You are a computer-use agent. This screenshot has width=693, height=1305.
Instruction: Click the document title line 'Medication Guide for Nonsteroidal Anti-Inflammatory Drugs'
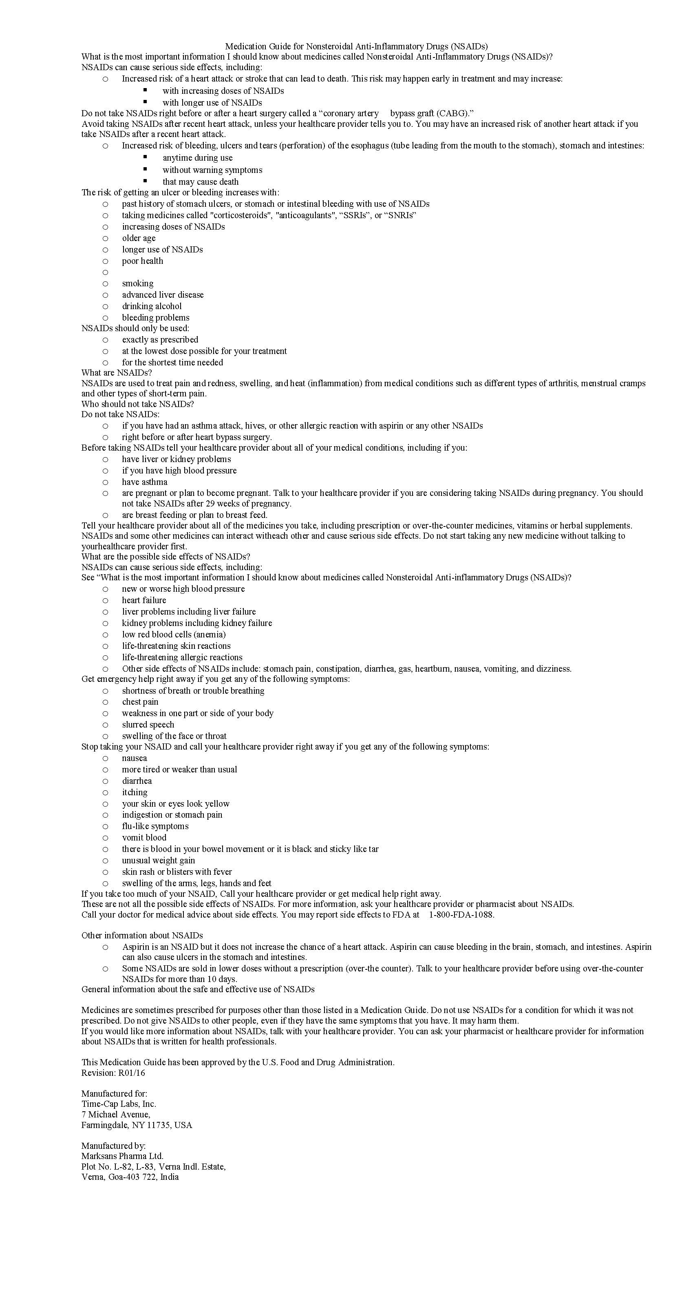click(356, 46)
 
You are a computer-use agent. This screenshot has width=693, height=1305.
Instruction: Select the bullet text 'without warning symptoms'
click(212, 170)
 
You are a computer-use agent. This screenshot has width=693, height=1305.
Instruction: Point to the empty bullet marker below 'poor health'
click(105, 272)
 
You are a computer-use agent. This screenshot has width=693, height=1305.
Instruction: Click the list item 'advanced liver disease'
click(163, 295)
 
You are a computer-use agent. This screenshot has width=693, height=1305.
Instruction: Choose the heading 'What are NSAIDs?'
click(117, 373)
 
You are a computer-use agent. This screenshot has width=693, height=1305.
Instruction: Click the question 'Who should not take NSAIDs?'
click(138, 404)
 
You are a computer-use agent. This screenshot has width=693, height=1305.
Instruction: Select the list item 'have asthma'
click(144, 482)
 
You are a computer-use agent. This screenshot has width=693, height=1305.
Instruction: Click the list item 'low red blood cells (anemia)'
click(174, 635)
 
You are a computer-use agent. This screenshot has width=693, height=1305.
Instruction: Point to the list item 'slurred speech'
click(148, 725)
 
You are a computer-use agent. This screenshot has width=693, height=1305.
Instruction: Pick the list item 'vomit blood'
click(144, 838)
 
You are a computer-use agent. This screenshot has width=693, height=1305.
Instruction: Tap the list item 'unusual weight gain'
click(159, 861)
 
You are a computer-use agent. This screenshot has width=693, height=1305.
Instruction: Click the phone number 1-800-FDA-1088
click(461, 915)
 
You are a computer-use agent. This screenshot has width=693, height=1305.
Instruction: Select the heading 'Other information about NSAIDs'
click(142, 936)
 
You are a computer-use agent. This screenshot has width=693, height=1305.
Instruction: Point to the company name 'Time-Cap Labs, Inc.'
click(119, 1104)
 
